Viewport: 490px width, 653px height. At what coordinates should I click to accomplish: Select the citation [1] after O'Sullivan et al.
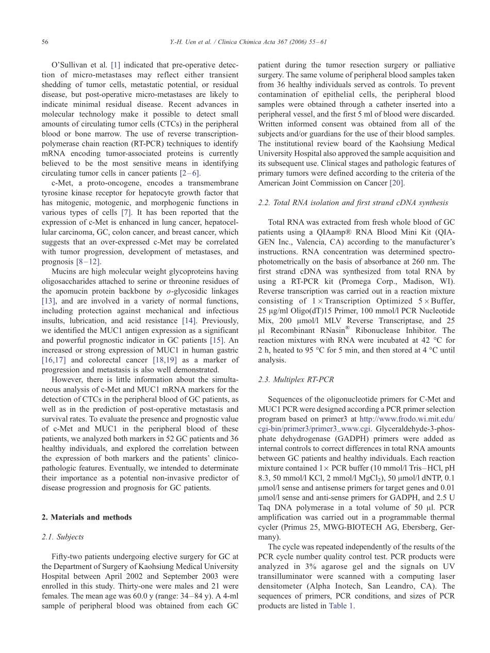[x=116, y=65]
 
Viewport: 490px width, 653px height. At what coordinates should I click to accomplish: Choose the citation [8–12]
[x=88, y=261]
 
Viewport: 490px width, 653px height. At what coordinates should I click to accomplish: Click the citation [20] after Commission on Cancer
[x=397, y=183]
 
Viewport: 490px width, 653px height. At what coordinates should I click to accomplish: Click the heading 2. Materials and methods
[x=87, y=517]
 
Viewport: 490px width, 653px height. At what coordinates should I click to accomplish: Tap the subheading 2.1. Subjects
[x=62, y=537]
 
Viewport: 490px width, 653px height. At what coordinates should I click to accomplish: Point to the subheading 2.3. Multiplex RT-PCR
[x=296, y=379]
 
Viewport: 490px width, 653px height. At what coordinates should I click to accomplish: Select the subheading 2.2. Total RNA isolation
[x=353, y=203]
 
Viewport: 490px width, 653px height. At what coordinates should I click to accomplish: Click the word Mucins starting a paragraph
[x=63, y=271]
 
